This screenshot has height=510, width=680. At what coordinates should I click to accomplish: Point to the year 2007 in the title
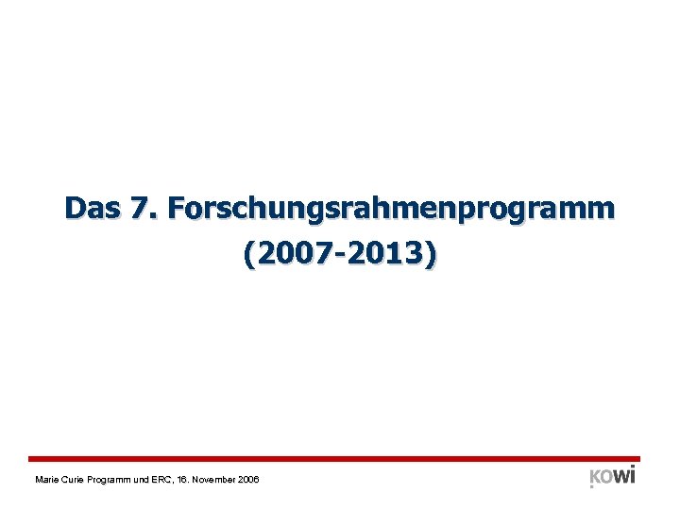click(287, 255)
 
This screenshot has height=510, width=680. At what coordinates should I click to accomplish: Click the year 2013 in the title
click(387, 255)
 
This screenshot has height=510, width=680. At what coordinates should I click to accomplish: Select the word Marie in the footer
click(45, 481)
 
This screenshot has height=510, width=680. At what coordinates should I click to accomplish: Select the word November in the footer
click(227, 481)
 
